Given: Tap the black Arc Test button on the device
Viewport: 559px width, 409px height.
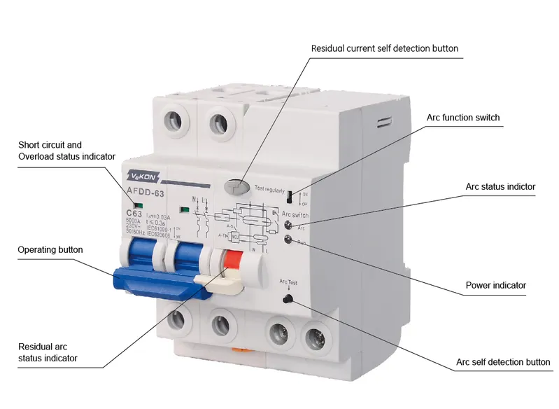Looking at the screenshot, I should [x=286, y=300].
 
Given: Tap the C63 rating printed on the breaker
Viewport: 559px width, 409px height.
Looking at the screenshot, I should [x=134, y=214].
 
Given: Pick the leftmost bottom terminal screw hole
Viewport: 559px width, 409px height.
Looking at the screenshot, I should [x=175, y=320].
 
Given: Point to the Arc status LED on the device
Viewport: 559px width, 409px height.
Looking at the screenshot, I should [x=288, y=224].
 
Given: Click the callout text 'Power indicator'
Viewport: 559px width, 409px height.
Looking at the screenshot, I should [x=495, y=285].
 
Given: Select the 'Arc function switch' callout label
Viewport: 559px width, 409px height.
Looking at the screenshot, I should [x=463, y=117].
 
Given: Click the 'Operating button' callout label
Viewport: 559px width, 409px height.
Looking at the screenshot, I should [x=50, y=249].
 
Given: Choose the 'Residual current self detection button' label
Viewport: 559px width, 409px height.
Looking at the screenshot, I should [x=385, y=48].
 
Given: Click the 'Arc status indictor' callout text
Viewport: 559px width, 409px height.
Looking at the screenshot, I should [x=500, y=187].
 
